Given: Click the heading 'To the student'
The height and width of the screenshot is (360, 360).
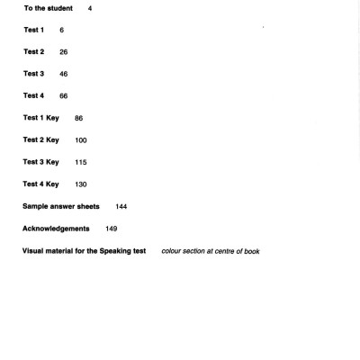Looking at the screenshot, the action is click(x=48, y=8).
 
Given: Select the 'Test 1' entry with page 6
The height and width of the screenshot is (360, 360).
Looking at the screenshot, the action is click(x=33, y=30).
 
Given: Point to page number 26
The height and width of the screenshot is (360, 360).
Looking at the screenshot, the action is click(x=64, y=51).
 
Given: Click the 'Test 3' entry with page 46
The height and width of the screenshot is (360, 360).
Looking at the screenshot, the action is click(x=33, y=74).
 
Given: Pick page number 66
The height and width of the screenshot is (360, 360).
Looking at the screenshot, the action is click(x=64, y=95).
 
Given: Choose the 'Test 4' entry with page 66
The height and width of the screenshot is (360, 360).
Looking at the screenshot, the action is click(x=33, y=95).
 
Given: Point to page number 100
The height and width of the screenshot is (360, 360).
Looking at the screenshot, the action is click(x=82, y=139).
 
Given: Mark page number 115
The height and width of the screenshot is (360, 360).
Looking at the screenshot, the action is click(x=82, y=162).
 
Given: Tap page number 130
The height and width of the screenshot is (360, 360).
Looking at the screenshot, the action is click(x=82, y=184).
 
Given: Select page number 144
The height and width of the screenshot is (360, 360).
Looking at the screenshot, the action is click(x=121, y=206).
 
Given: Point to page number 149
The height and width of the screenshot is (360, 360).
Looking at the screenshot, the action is click(x=111, y=229).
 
